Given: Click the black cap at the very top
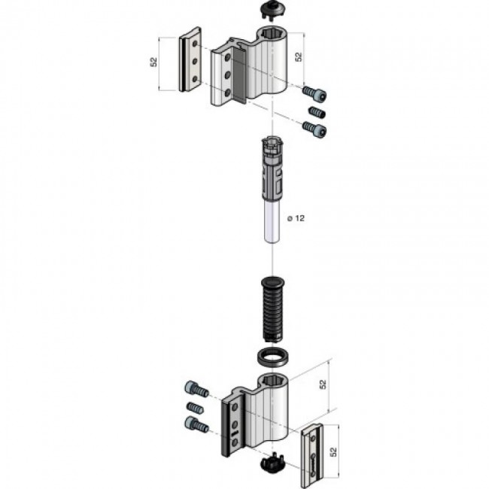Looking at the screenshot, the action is point(272,11).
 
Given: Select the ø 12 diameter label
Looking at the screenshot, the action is point(296,218).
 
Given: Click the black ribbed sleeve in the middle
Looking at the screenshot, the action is point(272,308).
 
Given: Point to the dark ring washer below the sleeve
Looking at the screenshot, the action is point(272,356).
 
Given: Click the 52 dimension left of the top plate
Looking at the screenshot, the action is point(153,62).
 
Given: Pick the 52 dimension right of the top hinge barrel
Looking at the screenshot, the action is point(299,56).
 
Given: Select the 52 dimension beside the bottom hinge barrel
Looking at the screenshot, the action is point(323,384).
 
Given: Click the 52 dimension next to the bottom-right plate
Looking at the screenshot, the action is point(333,452).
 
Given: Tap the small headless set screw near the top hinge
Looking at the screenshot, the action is point(317,112).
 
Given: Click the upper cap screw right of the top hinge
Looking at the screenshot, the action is point(314,93).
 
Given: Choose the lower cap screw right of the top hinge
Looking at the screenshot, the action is point(314,129).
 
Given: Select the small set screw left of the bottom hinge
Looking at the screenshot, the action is point(195,408).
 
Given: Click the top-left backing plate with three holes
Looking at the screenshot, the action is point(190,59).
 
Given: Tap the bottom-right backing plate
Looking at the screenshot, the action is point(312,455).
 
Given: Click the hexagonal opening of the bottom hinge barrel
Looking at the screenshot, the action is point(272,380).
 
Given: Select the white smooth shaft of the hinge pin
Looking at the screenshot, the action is point(272,222).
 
